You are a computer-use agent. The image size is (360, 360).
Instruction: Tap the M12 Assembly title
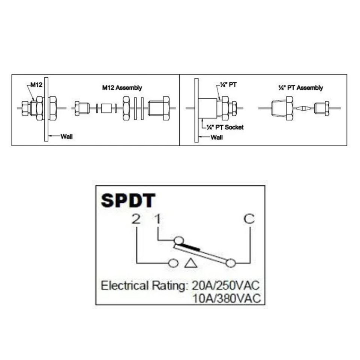122,88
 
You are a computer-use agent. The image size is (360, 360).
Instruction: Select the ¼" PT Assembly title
300,88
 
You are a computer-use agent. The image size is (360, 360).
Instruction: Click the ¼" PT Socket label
225,127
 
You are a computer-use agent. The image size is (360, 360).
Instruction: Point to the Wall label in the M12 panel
66,136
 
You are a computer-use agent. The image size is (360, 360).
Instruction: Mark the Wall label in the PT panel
216,137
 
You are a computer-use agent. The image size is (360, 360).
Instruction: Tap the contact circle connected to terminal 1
178,240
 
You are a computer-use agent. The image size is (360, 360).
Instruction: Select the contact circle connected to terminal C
231,264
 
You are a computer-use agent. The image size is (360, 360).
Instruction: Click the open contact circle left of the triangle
173,263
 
